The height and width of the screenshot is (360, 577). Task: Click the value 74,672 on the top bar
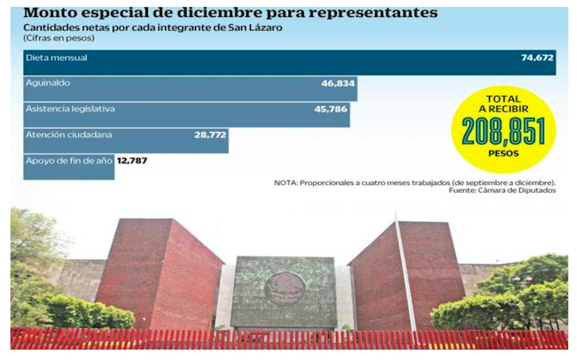537,57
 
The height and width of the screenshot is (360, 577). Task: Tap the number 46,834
338,83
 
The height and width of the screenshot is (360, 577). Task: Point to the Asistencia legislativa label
70,109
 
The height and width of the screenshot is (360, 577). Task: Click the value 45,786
331,109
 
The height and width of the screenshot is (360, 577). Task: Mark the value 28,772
210,135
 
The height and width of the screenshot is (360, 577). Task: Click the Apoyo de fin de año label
69,160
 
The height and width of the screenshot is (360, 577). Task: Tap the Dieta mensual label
56,57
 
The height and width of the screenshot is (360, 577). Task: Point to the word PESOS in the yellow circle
503,153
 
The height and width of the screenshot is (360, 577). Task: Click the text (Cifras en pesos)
59,38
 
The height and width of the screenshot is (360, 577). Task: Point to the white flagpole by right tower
405,270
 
